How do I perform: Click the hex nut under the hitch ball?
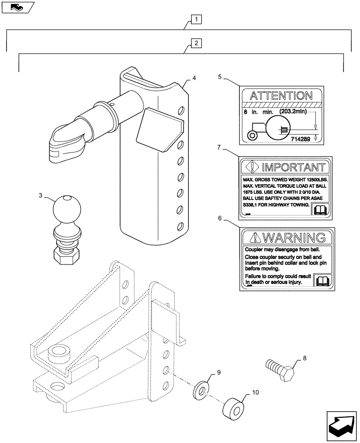point(66,253)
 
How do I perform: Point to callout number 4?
point(194,78)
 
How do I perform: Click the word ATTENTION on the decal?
point(281,96)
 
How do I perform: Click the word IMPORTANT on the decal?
point(291,167)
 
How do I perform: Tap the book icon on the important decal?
point(320,210)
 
